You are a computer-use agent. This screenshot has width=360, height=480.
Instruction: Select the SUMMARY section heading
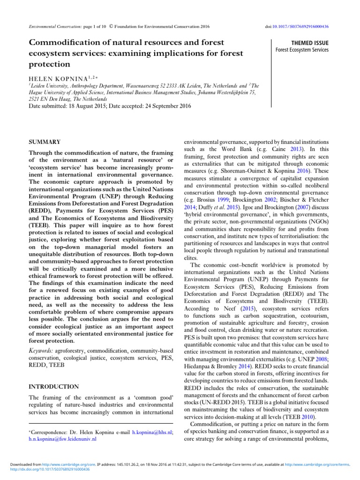tap(45, 142)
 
